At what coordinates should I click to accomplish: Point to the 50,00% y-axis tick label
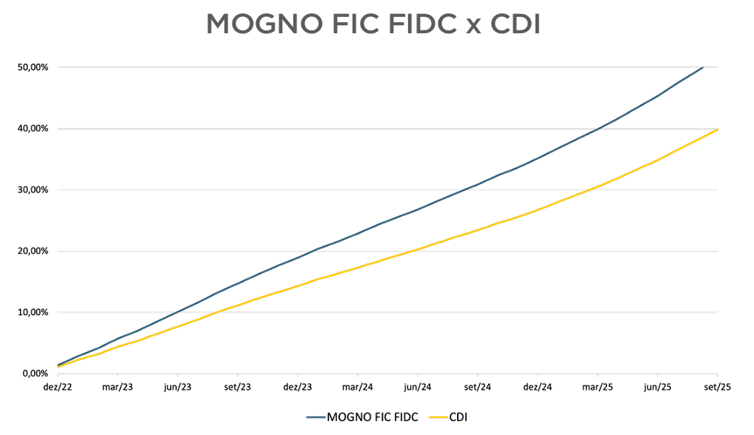click(x=33, y=67)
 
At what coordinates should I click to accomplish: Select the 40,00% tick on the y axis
click(x=33, y=129)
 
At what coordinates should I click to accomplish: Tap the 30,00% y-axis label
click(x=33, y=190)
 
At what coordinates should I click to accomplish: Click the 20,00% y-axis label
click(x=33, y=252)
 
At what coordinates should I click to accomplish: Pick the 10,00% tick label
click(x=33, y=312)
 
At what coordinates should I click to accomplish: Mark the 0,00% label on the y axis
click(x=35, y=374)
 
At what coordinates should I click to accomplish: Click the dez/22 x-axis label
click(x=56, y=387)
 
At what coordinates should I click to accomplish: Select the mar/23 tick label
click(x=117, y=387)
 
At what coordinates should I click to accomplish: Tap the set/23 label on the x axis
click(x=237, y=387)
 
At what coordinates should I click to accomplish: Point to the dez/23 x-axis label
click(x=297, y=387)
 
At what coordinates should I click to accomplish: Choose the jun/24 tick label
click(x=418, y=387)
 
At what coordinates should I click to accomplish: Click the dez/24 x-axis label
click(x=538, y=387)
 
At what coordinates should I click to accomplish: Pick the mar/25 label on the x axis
click(x=598, y=387)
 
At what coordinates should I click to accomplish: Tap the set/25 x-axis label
click(x=717, y=387)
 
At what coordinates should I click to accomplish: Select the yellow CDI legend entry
click(x=457, y=417)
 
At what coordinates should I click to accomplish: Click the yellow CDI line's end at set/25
click(x=717, y=129)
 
